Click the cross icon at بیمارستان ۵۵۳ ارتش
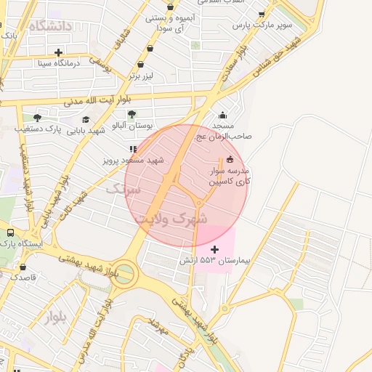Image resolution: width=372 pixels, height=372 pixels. pos(214,249)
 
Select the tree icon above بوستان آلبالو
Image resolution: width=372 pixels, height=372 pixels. pos(132,114)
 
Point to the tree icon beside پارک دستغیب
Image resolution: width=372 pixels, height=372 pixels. pos(37,118)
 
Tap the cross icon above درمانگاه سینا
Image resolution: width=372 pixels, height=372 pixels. pos(58,52)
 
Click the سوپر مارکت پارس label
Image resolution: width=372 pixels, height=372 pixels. pos(262,25)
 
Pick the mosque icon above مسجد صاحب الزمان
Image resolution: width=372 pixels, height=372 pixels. pos(222,115)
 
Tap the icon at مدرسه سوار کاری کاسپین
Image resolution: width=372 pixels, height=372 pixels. pos(230,160)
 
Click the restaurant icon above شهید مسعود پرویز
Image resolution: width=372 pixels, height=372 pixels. pos(133,149)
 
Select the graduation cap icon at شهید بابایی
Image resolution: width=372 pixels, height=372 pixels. pos(86,120)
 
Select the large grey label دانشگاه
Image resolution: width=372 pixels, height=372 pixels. pos(52,26)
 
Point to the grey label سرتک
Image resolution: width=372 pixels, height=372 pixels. pos(121,189)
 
